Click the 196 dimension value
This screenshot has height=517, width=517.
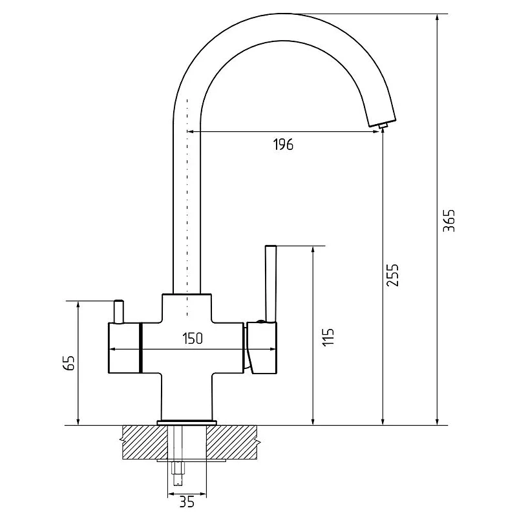(x=283, y=144)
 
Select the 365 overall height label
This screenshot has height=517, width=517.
(x=448, y=220)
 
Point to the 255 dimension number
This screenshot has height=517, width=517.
(x=393, y=275)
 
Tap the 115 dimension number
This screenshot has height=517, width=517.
(x=328, y=337)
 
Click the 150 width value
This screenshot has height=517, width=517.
(x=193, y=338)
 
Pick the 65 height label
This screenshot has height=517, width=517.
(x=69, y=363)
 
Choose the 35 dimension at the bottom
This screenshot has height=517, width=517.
(x=187, y=502)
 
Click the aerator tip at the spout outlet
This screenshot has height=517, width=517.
(x=383, y=125)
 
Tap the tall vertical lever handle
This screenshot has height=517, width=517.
(x=271, y=283)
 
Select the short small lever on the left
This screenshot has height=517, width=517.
(x=118, y=311)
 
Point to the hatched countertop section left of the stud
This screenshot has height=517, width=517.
(x=145, y=442)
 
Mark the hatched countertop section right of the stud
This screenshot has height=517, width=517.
(x=232, y=442)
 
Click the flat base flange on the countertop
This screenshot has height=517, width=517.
(x=187, y=423)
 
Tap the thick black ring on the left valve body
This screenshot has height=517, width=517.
(x=141, y=348)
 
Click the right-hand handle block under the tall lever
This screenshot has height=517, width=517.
(x=262, y=348)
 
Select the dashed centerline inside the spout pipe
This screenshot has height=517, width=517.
(x=187, y=207)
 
